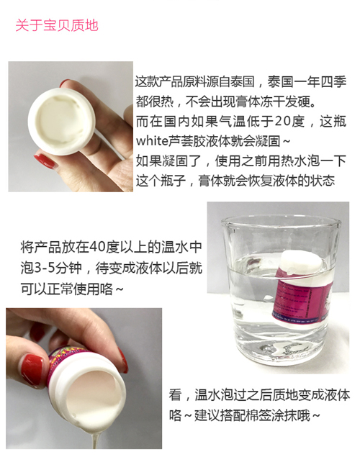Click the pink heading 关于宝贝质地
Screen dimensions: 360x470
57,25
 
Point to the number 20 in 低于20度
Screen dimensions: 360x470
284,122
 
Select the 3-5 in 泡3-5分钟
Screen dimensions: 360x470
45,268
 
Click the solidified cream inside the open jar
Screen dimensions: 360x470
62,120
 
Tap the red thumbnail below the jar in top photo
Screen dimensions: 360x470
45,161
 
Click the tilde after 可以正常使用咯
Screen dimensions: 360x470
119,289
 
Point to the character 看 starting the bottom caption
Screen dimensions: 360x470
175,394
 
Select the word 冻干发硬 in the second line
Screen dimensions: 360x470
287,102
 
